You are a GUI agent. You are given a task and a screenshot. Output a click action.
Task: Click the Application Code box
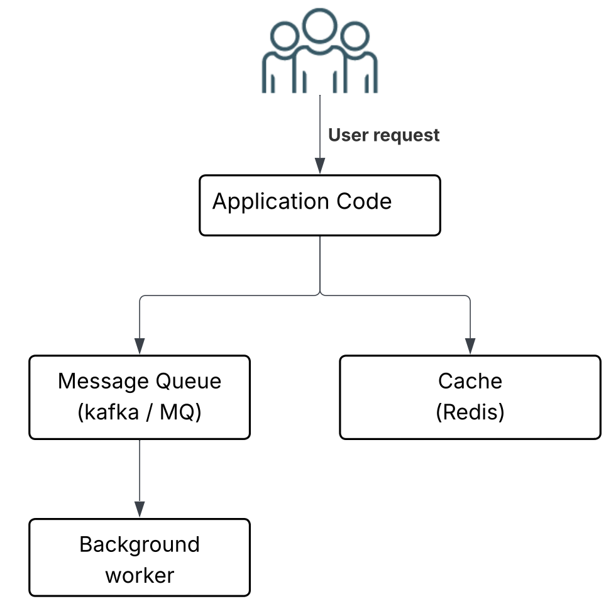(319, 206)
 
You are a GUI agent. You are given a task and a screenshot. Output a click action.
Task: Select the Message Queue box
(140, 397)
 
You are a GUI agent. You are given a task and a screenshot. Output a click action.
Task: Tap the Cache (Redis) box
(470, 397)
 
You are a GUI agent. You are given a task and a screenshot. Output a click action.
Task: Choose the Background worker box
(140, 558)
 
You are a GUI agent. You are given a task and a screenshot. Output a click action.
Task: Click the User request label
(383, 135)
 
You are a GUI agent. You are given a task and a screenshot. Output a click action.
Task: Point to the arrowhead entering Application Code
(320, 167)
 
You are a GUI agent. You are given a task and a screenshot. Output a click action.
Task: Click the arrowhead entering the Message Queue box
(140, 346)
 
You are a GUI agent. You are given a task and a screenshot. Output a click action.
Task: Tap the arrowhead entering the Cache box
(470, 346)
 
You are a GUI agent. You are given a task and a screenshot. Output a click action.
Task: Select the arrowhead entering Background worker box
(140, 509)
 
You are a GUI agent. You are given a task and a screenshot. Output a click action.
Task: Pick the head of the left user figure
(284, 36)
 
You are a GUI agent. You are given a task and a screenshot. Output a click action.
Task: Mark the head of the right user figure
(355, 36)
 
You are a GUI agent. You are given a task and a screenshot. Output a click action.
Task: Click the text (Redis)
(470, 413)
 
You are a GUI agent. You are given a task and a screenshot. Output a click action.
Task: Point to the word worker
(140, 575)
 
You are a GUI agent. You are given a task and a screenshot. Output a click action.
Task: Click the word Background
(140, 544)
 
